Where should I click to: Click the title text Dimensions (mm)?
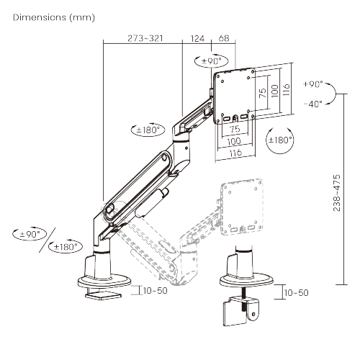[x=53, y=16]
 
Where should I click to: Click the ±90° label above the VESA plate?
[x=213, y=61]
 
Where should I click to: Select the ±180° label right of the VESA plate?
[x=279, y=139]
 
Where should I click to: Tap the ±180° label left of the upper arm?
[x=149, y=130]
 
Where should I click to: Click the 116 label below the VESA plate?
[x=235, y=153]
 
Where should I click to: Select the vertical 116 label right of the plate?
[x=287, y=89]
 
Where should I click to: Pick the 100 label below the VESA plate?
[x=235, y=141]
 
